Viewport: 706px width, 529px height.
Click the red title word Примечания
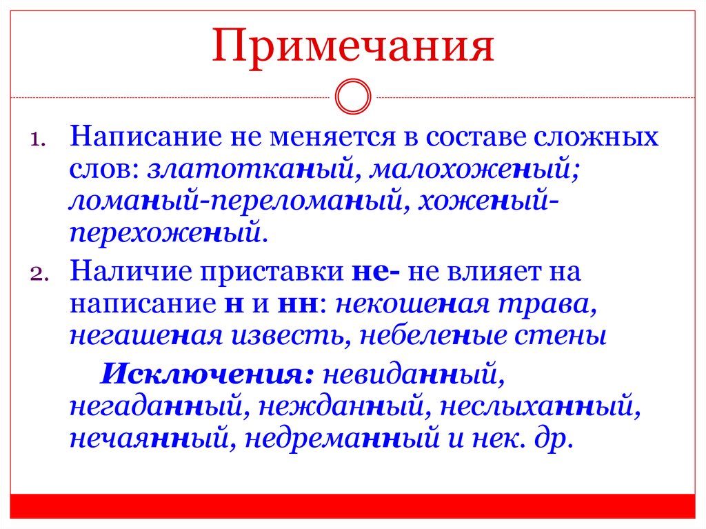[352, 47]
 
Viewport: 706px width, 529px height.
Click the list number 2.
[37, 272]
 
